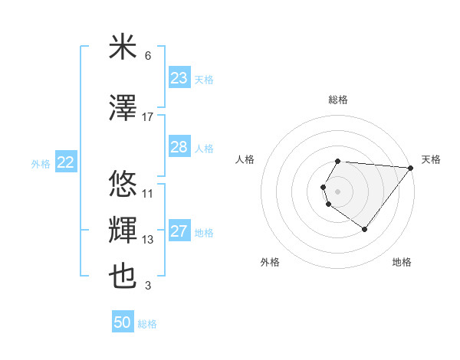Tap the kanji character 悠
tap(123, 185)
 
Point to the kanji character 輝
tap(123, 231)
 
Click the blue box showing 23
tap(179, 78)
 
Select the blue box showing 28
tap(179, 147)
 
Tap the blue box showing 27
tap(179, 231)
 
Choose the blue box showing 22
tap(66, 162)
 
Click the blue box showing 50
tap(123, 322)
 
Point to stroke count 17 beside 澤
tap(148, 116)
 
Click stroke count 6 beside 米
tap(148, 56)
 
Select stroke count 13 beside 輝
tap(148, 240)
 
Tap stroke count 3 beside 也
tap(148, 286)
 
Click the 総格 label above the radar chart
tap(338, 100)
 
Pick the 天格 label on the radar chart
tap(431, 159)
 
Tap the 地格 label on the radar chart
tap(402, 262)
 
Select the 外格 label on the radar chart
tap(270, 262)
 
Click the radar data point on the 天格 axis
tap(411, 168)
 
